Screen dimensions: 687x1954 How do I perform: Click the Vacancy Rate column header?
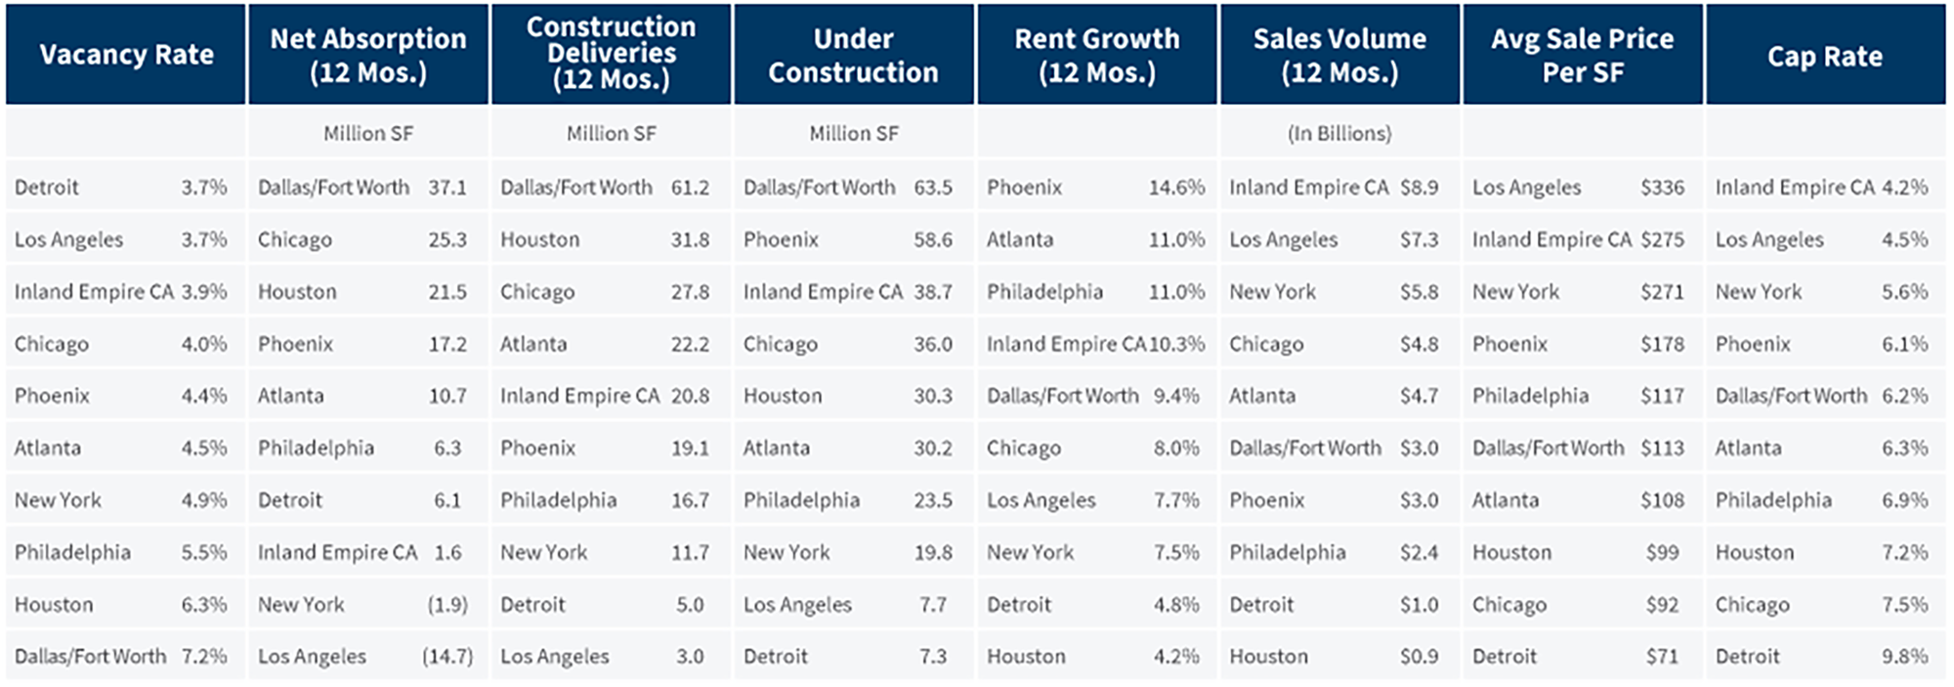tap(126, 55)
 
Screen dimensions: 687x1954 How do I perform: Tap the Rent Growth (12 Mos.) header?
tap(1096, 55)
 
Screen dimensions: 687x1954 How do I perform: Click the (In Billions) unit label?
tap(1338, 134)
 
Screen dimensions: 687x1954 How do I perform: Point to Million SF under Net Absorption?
tap(368, 134)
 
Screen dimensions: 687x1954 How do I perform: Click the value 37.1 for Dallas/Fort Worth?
tap(447, 188)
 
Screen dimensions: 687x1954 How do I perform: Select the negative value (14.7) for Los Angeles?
tap(447, 657)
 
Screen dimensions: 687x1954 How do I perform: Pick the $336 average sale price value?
tap(1662, 188)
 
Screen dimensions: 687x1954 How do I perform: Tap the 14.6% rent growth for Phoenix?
tap(1176, 188)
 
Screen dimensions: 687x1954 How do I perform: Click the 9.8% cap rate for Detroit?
tap(1904, 657)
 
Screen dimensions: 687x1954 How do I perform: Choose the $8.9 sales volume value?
tap(1419, 188)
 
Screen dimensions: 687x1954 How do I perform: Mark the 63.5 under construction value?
tap(933, 188)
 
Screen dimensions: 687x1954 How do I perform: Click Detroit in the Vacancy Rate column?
tap(47, 188)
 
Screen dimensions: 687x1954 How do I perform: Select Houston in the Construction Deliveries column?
tap(540, 239)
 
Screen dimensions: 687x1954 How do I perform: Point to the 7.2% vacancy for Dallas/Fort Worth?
tap(204, 657)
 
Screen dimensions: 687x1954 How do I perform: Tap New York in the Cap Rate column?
tap(1759, 292)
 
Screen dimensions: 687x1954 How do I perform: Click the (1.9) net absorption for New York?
tap(447, 605)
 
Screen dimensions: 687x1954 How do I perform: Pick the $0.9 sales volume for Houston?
tap(1419, 657)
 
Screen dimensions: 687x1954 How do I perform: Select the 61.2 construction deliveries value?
tap(690, 188)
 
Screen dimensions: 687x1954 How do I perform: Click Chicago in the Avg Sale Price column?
tap(1509, 605)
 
